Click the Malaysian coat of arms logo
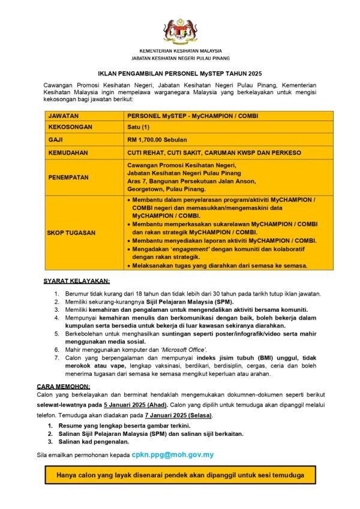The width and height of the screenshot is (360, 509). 180,30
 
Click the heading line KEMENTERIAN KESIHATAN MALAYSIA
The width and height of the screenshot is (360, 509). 180,51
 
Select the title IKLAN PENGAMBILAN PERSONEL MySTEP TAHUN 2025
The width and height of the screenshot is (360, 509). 180,71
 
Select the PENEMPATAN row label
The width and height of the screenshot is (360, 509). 69,177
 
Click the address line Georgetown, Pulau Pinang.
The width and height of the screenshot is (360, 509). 164,188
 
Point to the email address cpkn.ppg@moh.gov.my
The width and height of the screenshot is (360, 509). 173,455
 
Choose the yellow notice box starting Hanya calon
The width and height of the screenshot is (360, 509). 180,476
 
